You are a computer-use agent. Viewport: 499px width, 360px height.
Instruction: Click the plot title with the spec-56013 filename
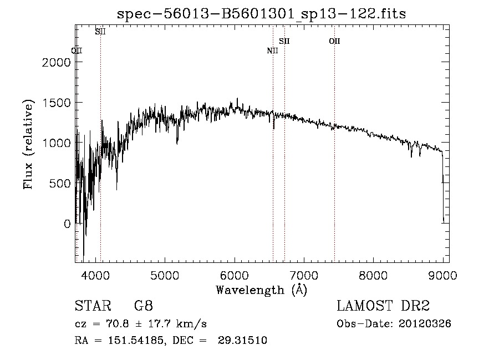click(261, 14)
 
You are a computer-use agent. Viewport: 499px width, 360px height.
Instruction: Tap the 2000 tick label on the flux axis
click(57, 62)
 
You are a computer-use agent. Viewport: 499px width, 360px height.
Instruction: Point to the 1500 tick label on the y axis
click(57, 103)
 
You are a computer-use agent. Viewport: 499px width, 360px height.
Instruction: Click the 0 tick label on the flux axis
click(68, 224)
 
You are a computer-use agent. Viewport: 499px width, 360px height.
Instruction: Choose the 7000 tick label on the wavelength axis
click(303, 275)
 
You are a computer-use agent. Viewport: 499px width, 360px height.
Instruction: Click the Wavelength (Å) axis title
click(261, 290)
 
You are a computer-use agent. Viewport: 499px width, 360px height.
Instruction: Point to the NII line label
click(272, 51)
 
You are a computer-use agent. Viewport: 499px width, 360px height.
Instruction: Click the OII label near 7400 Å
click(334, 41)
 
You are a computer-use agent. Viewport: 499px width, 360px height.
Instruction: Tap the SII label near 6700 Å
click(284, 41)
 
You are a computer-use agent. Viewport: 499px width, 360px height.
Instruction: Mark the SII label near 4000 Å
click(100, 32)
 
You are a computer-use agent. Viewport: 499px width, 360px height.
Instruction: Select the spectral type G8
click(144, 306)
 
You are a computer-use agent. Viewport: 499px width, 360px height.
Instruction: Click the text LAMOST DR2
click(383, 306)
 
